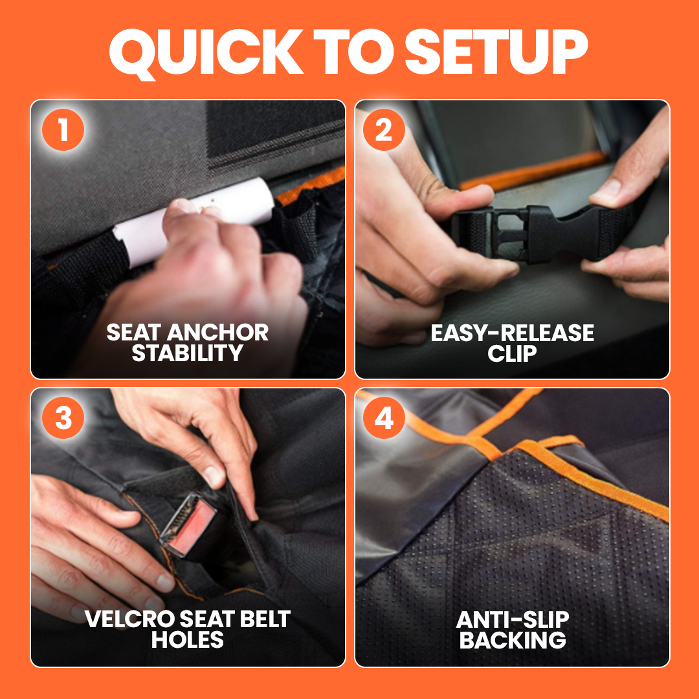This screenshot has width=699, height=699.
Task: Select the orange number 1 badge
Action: (x=63, y=129)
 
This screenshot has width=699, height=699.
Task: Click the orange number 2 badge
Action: (x=384, y=129)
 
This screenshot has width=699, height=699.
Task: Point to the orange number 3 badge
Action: (x=63, y=417)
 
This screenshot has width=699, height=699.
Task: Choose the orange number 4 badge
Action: (x=384, y=417)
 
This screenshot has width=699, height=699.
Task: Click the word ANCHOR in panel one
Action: (x=218, y=332)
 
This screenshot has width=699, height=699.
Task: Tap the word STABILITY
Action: (x=187, y=353)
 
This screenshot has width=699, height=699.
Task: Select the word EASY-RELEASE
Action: (x=512, y=333)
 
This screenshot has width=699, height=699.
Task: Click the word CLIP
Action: (x=512, y=353)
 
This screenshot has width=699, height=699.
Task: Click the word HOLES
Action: (x=187, y=639)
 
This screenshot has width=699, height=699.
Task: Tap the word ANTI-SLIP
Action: (x=513, y=619)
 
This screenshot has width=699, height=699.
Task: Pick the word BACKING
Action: (x=513, y=639)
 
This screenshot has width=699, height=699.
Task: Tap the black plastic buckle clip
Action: (x=526, y=233)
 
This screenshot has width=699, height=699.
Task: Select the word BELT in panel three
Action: (x=265, y=619)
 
